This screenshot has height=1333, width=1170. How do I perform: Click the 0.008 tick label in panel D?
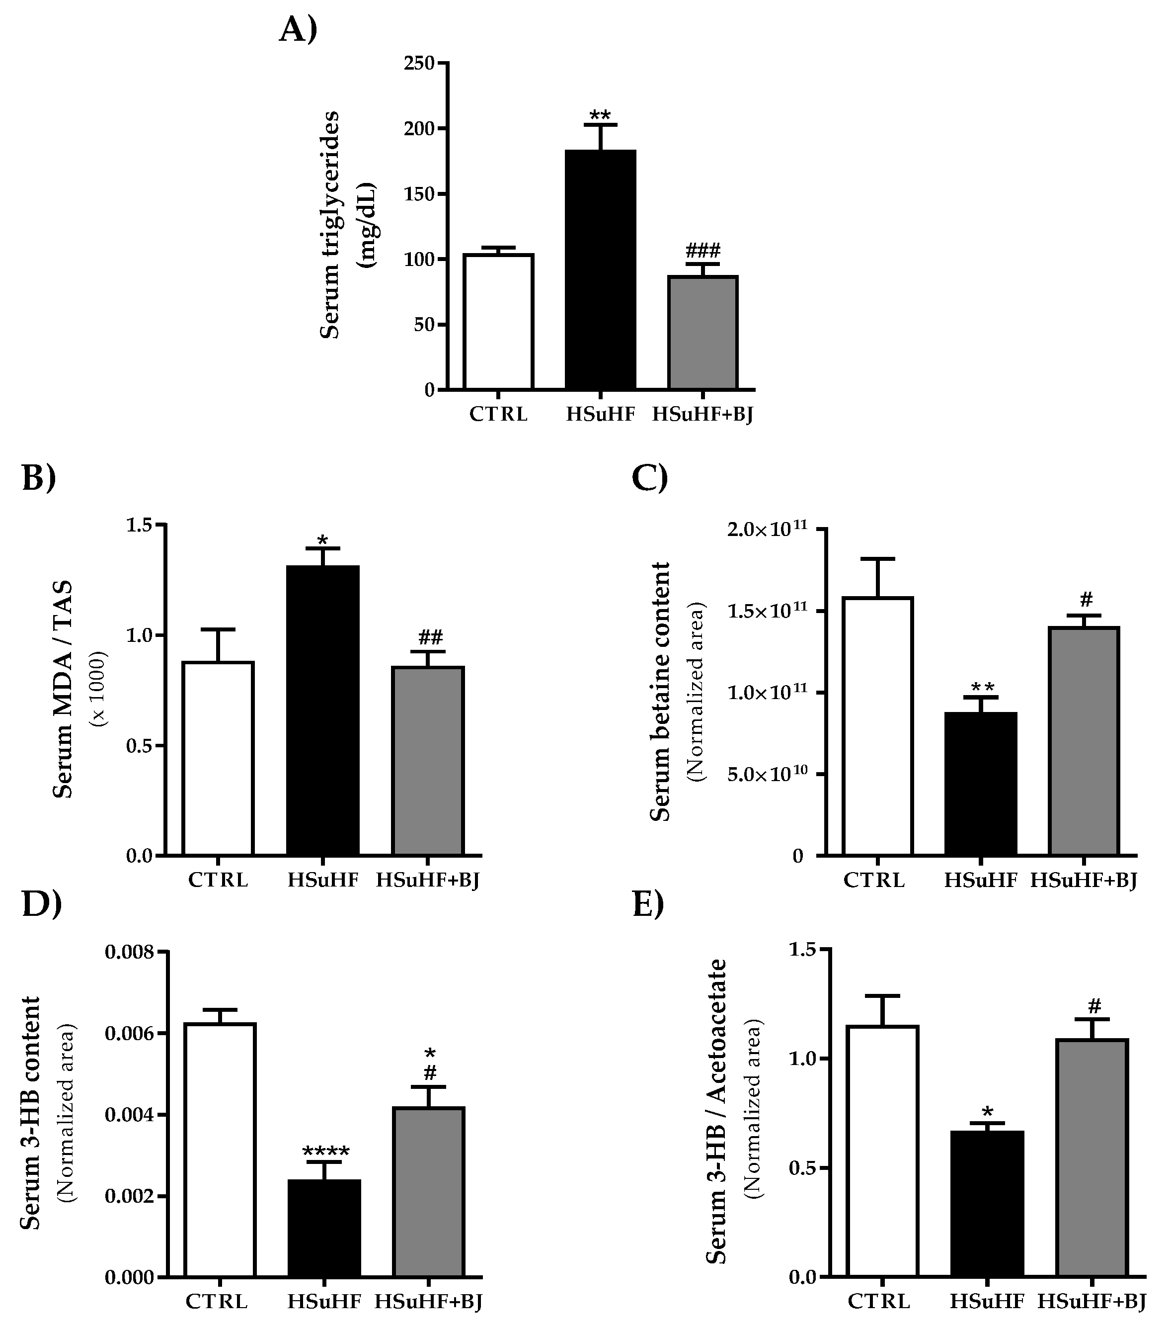(130, 952)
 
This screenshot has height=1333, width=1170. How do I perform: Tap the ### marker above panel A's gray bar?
(702, 250)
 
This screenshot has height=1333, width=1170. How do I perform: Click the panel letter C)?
(649, 477)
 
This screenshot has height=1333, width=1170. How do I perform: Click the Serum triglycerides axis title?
(330, 225)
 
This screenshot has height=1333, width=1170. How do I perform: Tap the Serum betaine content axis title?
(660, 691)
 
